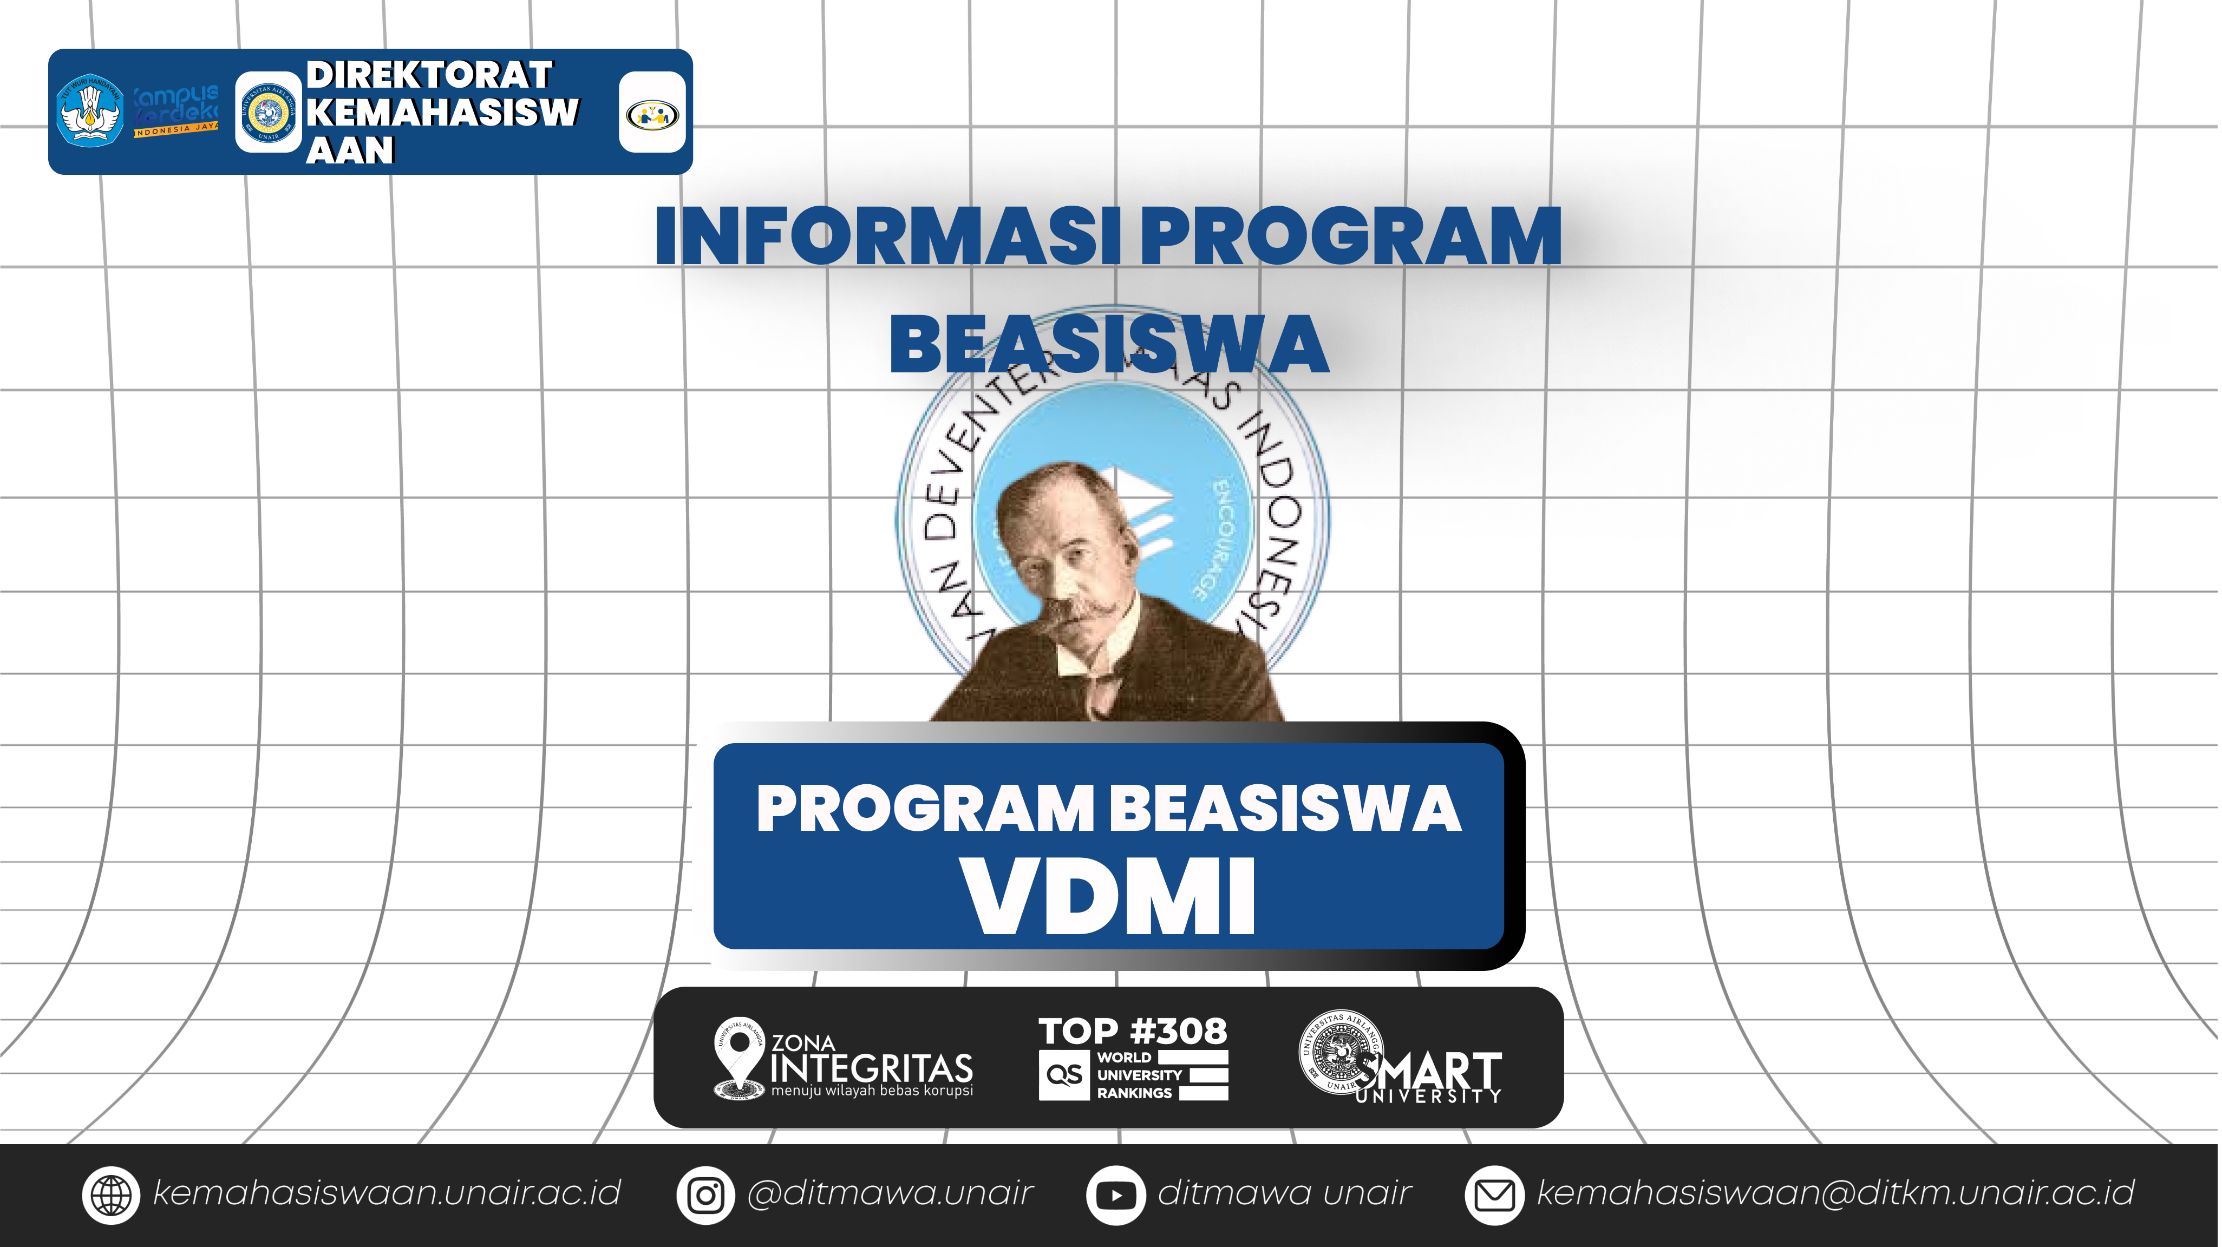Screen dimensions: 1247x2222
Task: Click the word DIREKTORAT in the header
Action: (x=429, y=75)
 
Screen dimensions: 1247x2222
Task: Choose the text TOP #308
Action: (x=1133, y=1031)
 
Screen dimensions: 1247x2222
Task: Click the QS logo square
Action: (x=1063, y=1074)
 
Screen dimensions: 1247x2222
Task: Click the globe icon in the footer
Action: (x=110, y=1195)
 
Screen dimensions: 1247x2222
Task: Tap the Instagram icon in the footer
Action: (x=705, y=1195)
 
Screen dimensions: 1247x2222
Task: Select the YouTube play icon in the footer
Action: (x=1115, y=1195)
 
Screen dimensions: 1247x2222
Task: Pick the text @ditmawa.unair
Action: (x=890, y=1193)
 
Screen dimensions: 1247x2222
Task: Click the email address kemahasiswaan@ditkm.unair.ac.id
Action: (x=1835, y=1193)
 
